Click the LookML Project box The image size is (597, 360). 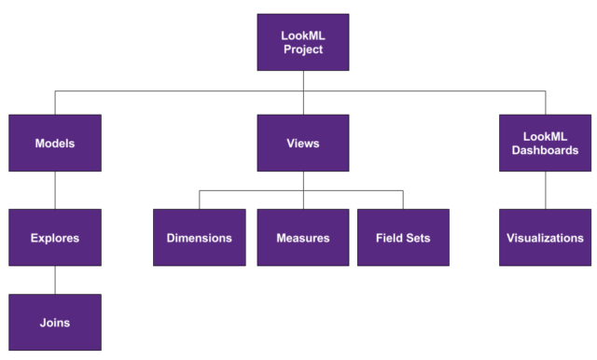[303, 42]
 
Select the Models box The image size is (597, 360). [55, 144]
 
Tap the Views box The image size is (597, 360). [303, 144]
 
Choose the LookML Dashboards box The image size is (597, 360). [545, 144]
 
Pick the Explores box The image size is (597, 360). [55, 238]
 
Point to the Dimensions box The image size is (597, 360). [200, 238]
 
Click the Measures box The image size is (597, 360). [303, 238]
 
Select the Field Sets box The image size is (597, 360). [403, 238]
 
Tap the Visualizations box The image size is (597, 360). [545, 238]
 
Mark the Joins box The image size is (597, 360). [55, 323]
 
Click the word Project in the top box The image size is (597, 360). [303, 49]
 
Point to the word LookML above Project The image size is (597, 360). [303, 35]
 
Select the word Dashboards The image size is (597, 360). [545, 151]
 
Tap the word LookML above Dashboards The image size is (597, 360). [545, 136]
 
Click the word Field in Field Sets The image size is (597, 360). [390, 238]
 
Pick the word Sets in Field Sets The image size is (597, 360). [417, 238]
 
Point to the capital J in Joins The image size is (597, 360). [42, 323]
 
